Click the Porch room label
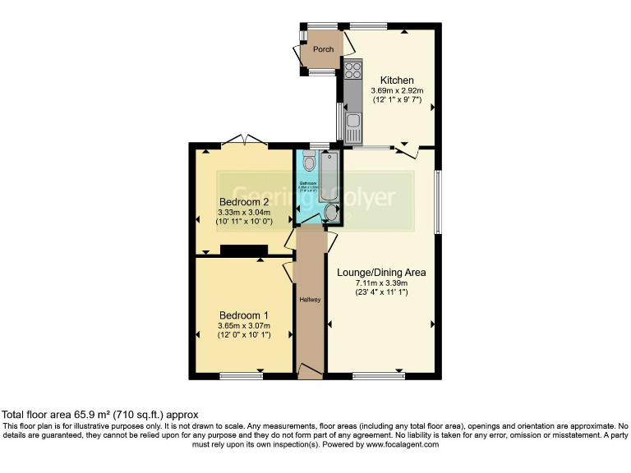[323, 49]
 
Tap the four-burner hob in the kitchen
[354, 71]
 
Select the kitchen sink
[353, 127]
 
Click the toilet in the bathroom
[308, 161]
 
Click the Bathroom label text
[308, 182]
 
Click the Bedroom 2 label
[244, 202]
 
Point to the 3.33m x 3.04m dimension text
[244, 212]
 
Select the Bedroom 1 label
[243, 315]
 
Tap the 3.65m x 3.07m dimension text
[243, 325]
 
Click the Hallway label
[310, 299]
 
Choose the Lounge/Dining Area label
[381, 272]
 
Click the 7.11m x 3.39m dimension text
[381, 282]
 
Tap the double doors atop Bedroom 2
[244, 140]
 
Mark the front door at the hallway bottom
[310, 374]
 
